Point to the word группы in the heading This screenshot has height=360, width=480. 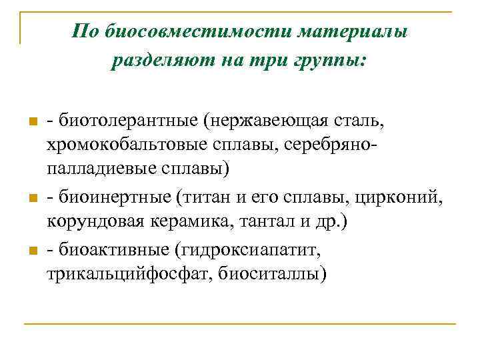click(x=331, y=61)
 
